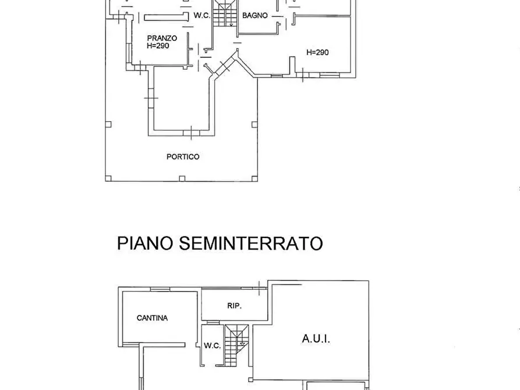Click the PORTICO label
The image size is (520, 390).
183,157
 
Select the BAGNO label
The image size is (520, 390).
255,16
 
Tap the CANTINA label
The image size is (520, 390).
152,318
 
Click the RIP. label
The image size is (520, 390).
234,306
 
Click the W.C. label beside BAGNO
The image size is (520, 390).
201,16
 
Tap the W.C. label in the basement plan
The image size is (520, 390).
212,345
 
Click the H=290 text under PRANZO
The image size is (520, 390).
158,45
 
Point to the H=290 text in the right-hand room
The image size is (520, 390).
317,52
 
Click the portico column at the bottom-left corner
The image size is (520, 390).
108,178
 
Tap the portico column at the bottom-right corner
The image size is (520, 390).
254,178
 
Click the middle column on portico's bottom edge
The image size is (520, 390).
182,178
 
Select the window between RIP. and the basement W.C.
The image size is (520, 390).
212,321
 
